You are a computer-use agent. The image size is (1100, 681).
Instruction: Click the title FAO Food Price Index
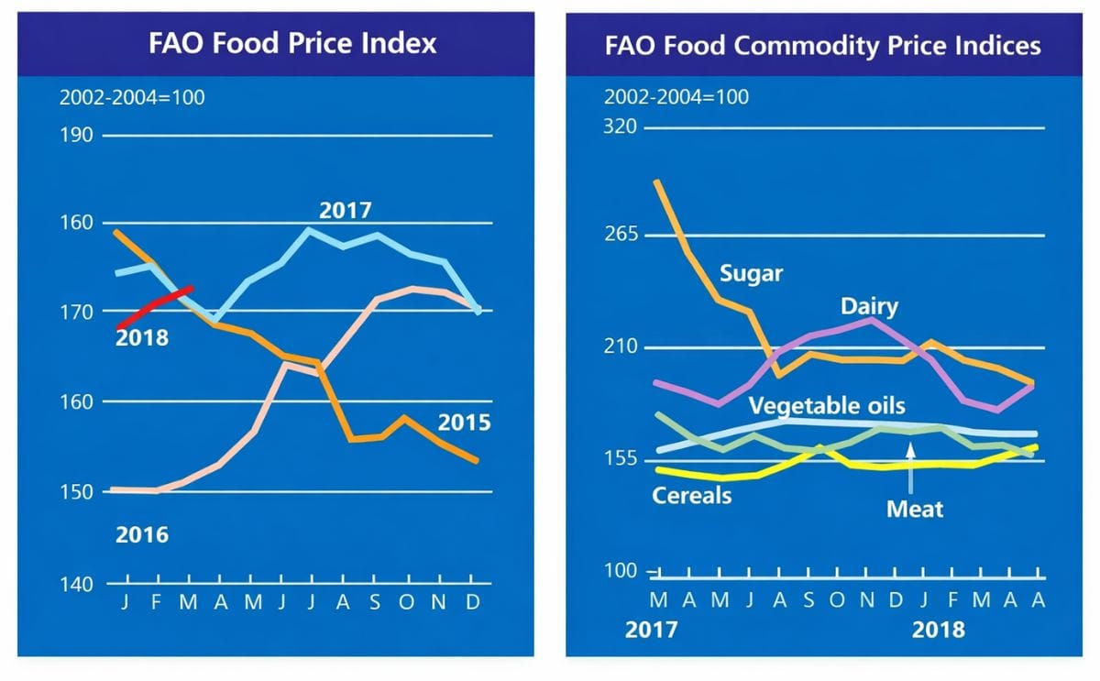292,43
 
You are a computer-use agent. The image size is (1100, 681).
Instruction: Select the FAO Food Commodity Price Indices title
822,46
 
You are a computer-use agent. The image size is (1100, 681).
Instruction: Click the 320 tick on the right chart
620,126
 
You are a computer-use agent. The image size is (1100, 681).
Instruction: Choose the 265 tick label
620,234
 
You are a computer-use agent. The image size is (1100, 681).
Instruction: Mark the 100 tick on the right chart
620,571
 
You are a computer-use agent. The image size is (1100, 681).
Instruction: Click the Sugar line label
751,274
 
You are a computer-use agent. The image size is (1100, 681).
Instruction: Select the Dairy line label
869,305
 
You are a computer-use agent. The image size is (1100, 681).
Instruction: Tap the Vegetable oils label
826,406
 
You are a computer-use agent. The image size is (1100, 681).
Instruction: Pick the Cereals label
692,495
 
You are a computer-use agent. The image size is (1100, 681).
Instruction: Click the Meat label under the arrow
914,508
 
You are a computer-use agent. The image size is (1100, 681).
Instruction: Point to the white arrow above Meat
910,464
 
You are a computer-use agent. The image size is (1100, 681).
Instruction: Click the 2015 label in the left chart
464,423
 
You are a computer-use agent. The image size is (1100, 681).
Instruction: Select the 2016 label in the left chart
142,534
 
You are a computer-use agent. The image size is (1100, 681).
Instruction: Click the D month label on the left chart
471,603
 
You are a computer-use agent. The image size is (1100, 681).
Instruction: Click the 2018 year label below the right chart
938,630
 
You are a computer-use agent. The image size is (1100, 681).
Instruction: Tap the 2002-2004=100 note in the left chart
132,98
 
